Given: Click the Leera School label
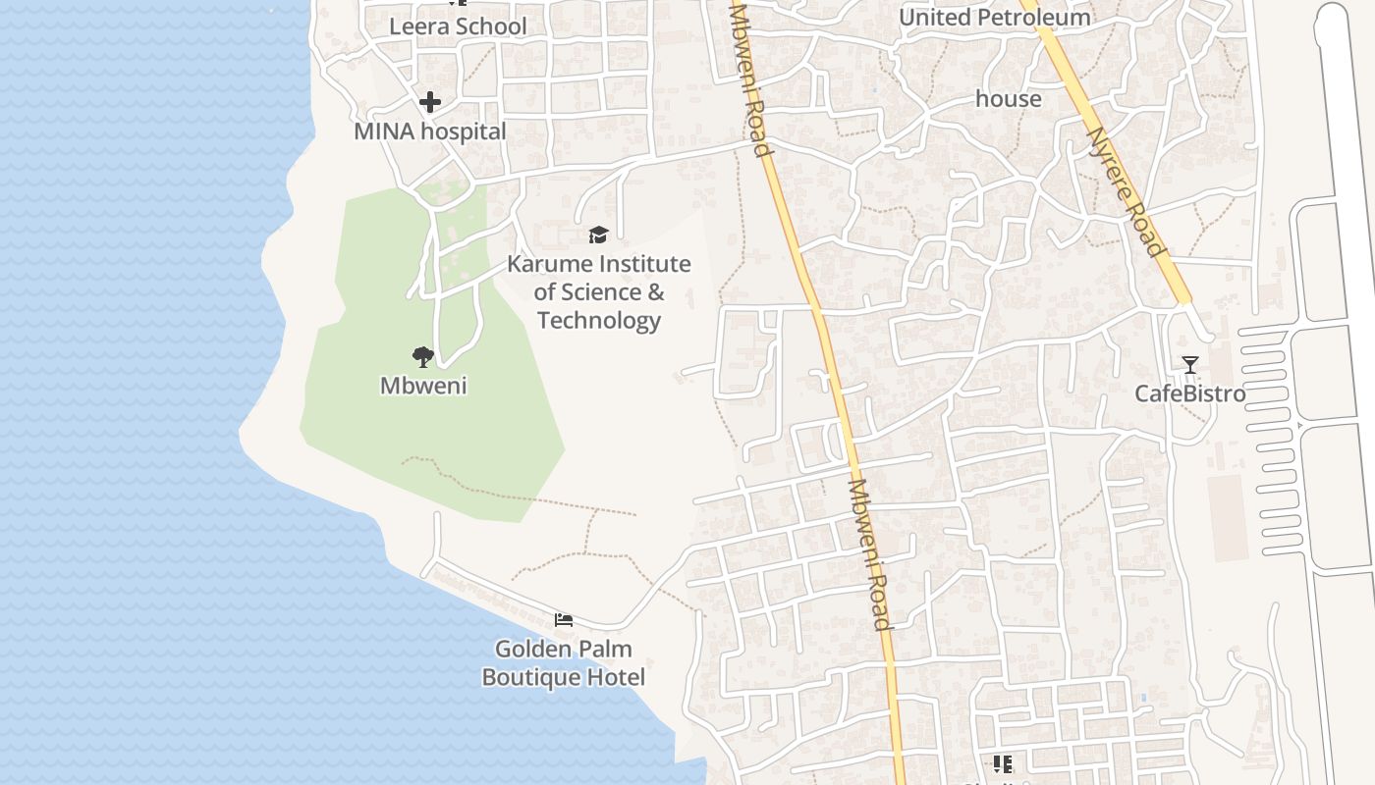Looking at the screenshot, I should pyautogui.click(x=458, y=26).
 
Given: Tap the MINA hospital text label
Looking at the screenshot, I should pyautogui.click(x=430, y=131).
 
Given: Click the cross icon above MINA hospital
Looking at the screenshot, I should pyautogui.click(x=430, y=101).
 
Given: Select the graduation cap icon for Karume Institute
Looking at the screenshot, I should pyautogui.click(x=598, y=235).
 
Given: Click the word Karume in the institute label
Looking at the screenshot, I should pyautogui.click(x=549, y=264).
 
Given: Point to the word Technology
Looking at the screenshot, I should pyautogui.click(x=599, y=320).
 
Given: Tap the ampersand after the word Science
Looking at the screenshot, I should pyautogui.click(x=655, y=292).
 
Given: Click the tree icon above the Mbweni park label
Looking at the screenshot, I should pyautogui.click(x=423, y=356).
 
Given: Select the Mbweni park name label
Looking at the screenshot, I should pyautogui.click(x=423, y=386).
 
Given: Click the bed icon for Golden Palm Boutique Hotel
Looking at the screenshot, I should pyautogui.click(x=564, y=619).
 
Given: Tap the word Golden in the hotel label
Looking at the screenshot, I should pyautogui.click(x=535, y=649).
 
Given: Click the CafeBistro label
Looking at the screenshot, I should pyautogui.click(x=1190, y=393).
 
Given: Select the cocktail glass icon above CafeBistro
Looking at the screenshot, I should pyautogui.click(x=1190, y=365).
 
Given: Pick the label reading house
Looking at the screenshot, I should pyautogui.click(x=1009, y=99).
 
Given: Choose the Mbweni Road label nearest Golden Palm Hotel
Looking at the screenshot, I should pyautogui.click(x=870, y=554).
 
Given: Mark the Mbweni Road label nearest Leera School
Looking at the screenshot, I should pyautogui.click(x=748, y=78).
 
